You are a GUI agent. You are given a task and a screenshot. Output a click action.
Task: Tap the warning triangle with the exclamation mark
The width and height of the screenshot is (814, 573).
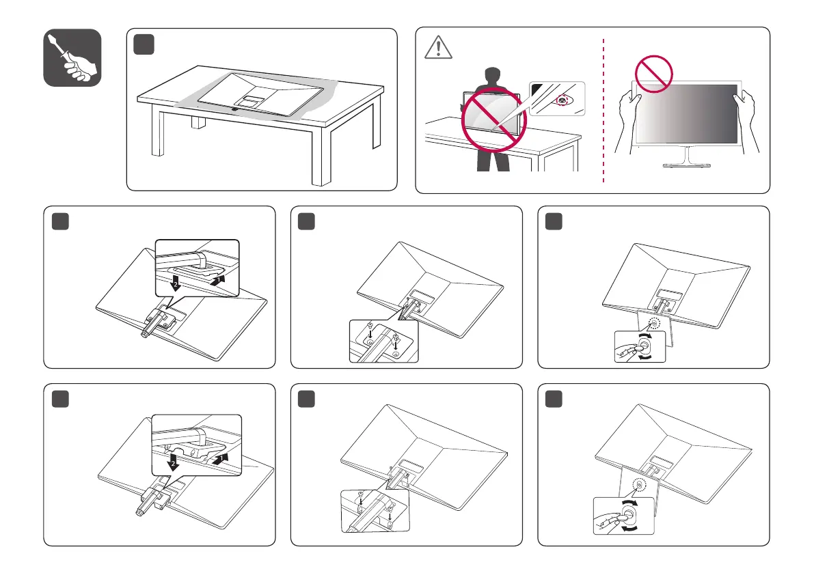click(x=433, y=47)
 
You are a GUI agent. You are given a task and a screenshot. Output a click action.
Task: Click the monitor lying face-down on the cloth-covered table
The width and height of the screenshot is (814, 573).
click(x=267, y=96)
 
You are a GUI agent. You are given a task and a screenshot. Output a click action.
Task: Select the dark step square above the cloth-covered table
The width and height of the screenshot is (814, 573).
click(x=144, y=45)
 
